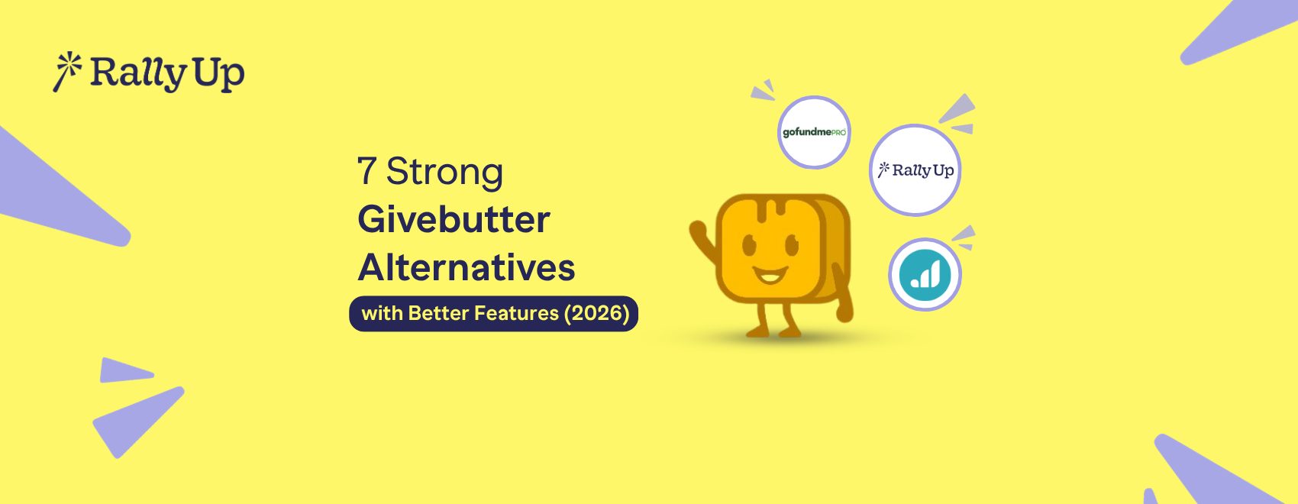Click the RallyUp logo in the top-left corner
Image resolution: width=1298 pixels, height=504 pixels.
click(x=149, y=73)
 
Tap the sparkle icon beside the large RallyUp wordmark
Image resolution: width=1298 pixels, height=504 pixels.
click(x=66, y=71)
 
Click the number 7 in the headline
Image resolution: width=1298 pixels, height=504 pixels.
click(x=366, y=171)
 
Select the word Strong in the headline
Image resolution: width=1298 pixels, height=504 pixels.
click(x=444, y=171)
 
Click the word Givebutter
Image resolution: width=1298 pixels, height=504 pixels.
click(x=454, y=220)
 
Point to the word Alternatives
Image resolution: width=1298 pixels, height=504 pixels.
click(x=466, y=268)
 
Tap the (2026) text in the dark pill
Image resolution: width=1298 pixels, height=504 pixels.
click(x=596, y=313)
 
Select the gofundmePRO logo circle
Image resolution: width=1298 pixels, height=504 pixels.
click(x=814, y=132)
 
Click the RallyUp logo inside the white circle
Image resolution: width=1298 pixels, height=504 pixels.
click(x=915, y=170)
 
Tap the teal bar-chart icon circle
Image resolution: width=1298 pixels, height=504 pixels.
click(x=925, y=274)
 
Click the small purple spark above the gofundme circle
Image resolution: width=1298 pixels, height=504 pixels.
click(x=763, y=91)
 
